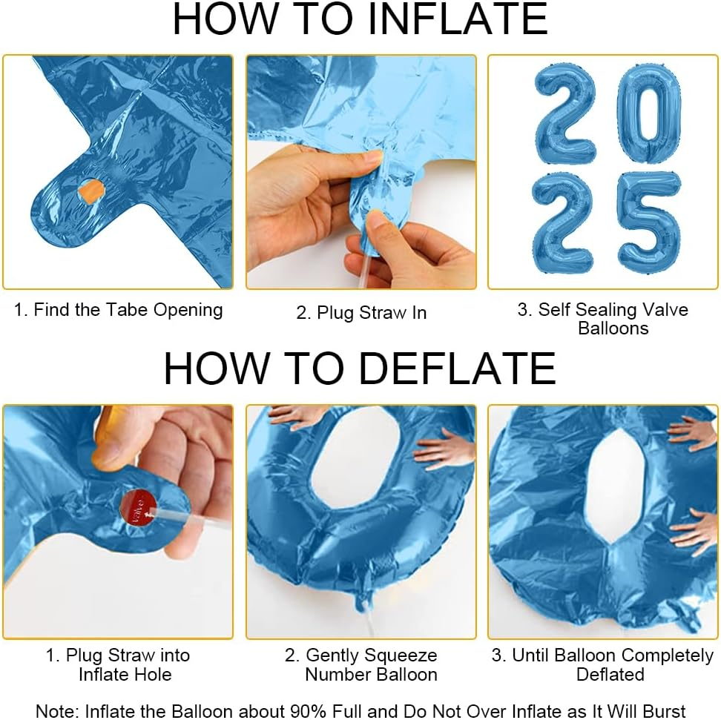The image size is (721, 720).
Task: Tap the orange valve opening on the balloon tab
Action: point(90,192)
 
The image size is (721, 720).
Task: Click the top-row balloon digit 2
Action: point(565,113)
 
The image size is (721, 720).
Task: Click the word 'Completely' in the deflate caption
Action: point(667,655)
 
